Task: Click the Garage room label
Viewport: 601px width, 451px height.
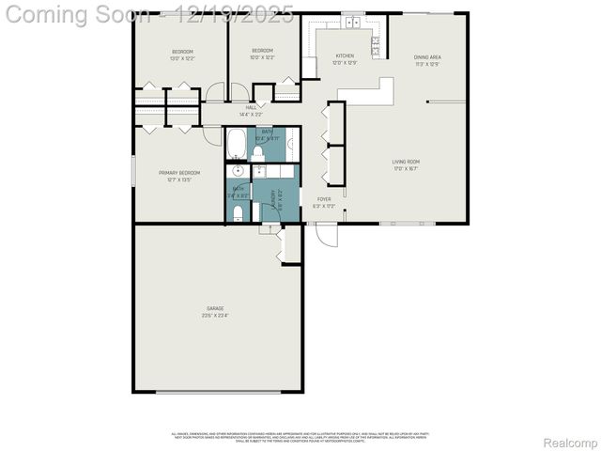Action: click(x=216, y=311)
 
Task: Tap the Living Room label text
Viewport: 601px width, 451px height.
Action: click(x=406, y=165)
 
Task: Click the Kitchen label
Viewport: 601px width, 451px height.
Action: click(x=346, y=60)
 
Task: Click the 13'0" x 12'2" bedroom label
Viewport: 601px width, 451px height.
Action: click(x=182, y=54)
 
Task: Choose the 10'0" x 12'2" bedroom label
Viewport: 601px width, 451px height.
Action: click(x=262, y=54)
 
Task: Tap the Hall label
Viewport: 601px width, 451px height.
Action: click(x=251, y=111)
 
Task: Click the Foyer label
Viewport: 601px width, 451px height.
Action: click(x=323, y=202)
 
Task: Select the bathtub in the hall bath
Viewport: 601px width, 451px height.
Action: click(x=238, y=146)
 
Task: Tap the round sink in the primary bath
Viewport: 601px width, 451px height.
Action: click(x=238, y=171)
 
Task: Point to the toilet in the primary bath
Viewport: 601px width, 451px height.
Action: click(x=238, y=213)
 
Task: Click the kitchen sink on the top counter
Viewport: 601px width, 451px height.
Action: click(x=352, y=20)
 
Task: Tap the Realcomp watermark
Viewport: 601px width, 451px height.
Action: click(x=572, y=442)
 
